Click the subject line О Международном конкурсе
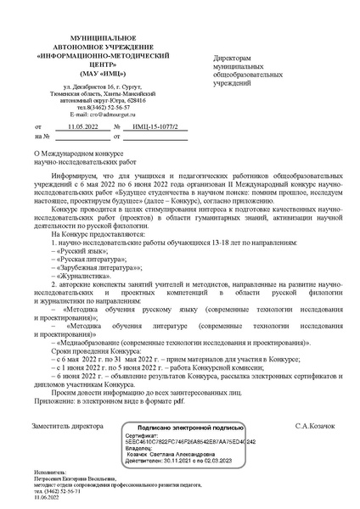pyautogui.click(x=81, y=155)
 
